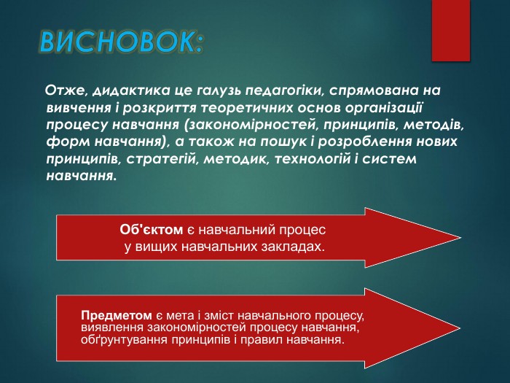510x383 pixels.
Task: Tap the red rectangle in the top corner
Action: coord(451,31)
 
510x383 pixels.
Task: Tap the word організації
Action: coord(383,108)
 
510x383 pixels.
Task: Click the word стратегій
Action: coord(162,159)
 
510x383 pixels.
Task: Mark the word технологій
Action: coord(313,159)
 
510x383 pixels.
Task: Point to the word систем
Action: coord(389,159)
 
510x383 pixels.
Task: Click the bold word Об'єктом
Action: coord(152,230)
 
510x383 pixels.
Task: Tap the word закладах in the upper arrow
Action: coord(294,247)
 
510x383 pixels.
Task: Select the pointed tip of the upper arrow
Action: coord(461,238)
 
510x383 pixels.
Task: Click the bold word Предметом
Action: coord(117,316)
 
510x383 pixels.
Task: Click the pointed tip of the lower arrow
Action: coord(460,328)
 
